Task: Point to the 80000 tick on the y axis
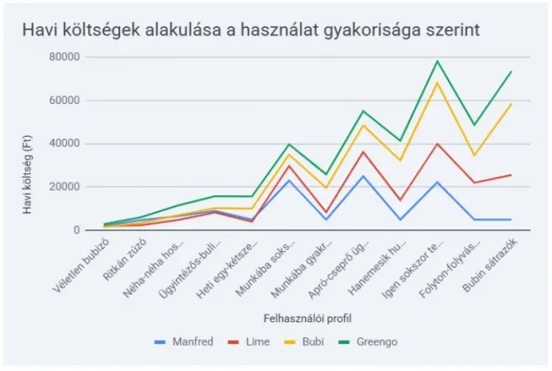click(x=65, y=57)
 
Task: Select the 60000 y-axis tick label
click(x=65, y=101)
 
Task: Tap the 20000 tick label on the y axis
click(x=65, y=187)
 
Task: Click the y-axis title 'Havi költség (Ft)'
click(x=27, y=174)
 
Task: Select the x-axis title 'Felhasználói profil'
click(x=307, y=318)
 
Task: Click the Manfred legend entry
click(x=184, y=341)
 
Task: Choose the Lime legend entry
click(x=249, y=341)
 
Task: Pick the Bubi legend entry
click(x=303, y=341)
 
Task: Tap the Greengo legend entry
click(x=367, y=341)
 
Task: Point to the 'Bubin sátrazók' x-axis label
click(x=490, y=265)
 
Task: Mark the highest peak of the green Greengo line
click(x=437, y=61)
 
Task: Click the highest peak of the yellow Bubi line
click(x=437, y=82)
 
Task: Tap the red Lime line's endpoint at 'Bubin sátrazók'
click(x=511, y=174)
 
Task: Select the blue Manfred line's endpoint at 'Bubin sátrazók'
click(x=511, y=220)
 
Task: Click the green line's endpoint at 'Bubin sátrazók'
click(x=511, y=71)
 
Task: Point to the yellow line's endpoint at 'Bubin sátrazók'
click(x=511, y=104)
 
